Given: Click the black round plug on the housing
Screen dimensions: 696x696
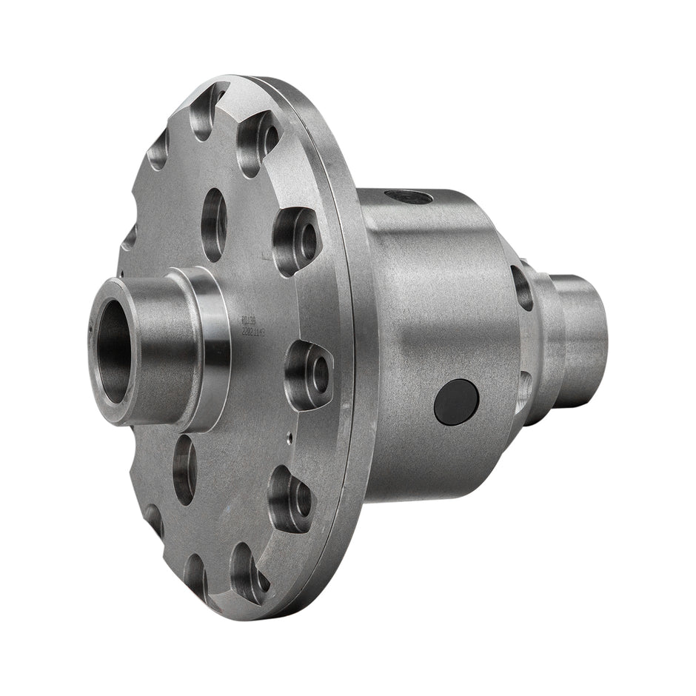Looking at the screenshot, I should pyautogui.click(x=456, y=401).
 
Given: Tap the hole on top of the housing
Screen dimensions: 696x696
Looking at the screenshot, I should pyautogui.click(x=407, y=197).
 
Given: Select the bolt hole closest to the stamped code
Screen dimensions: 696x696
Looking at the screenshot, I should pyautogui.click(x=309, y=374).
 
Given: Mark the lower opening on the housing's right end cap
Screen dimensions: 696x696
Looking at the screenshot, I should pyautogui.click(x=523, y=388).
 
